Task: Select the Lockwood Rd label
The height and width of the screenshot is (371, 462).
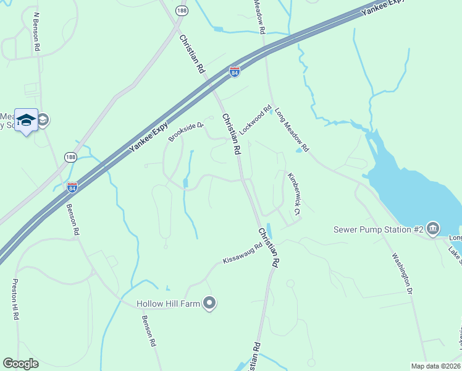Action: [x=256, y=121]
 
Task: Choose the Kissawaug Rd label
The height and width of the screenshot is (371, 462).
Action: [x=242, y=255]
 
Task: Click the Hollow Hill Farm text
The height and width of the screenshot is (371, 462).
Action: [x=169, y=303]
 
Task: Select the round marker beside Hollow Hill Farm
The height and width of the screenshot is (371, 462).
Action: [x=210, y=303]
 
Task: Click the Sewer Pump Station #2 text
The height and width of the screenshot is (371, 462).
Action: [x=378, y=229]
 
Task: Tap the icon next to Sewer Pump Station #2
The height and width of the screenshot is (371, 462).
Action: [x=433, y=229]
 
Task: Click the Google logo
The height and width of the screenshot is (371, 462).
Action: [x=20, y=364]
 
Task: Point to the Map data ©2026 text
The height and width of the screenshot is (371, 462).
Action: [x=436, y=366]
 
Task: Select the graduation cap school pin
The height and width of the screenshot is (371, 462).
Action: [x=27, y=120]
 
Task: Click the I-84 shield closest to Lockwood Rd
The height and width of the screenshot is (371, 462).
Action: [x=234, y=72]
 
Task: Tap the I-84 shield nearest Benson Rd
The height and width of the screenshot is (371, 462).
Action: [x=72, y=186]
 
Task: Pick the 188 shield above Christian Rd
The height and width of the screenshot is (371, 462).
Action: [x=180, y=11]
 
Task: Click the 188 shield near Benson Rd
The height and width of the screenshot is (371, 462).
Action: [x=71, y=158]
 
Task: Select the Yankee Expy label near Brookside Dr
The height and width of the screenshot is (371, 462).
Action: [x=149, y=137]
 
